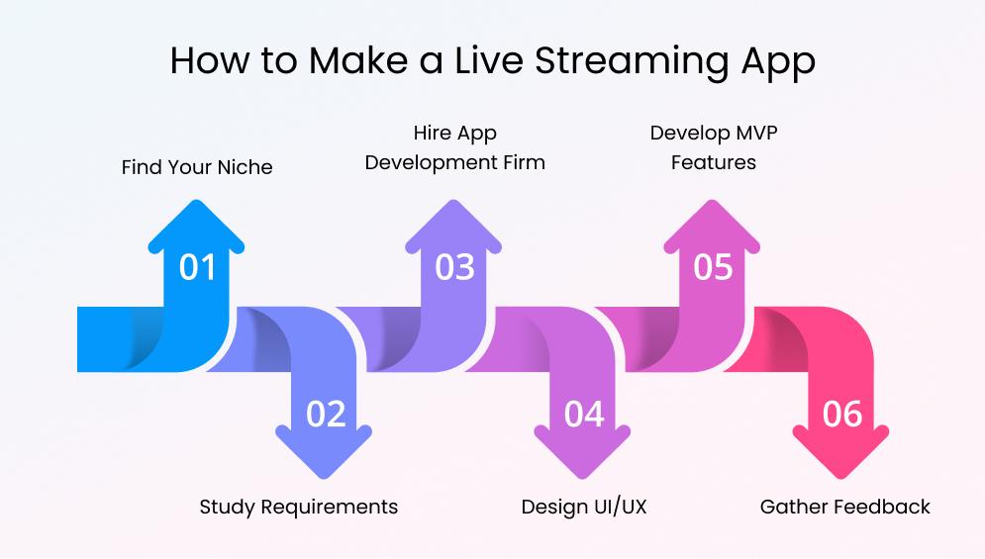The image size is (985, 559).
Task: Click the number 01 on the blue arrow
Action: (197, 267)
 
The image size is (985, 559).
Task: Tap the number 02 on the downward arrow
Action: (325, 414)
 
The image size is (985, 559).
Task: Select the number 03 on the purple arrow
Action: (454, 267)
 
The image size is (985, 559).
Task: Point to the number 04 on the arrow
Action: (583, 414)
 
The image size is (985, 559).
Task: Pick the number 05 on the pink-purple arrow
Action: (712, 267)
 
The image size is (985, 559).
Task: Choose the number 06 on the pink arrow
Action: (841, 414)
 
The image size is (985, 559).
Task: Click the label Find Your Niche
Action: (197, 167)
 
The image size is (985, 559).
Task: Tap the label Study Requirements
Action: (298, 507)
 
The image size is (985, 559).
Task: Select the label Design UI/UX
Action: (583, 507)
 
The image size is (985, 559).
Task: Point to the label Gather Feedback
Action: (844, 507)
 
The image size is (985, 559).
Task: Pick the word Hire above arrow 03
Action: (432, 133)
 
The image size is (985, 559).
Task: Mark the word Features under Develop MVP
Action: (713, 162)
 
